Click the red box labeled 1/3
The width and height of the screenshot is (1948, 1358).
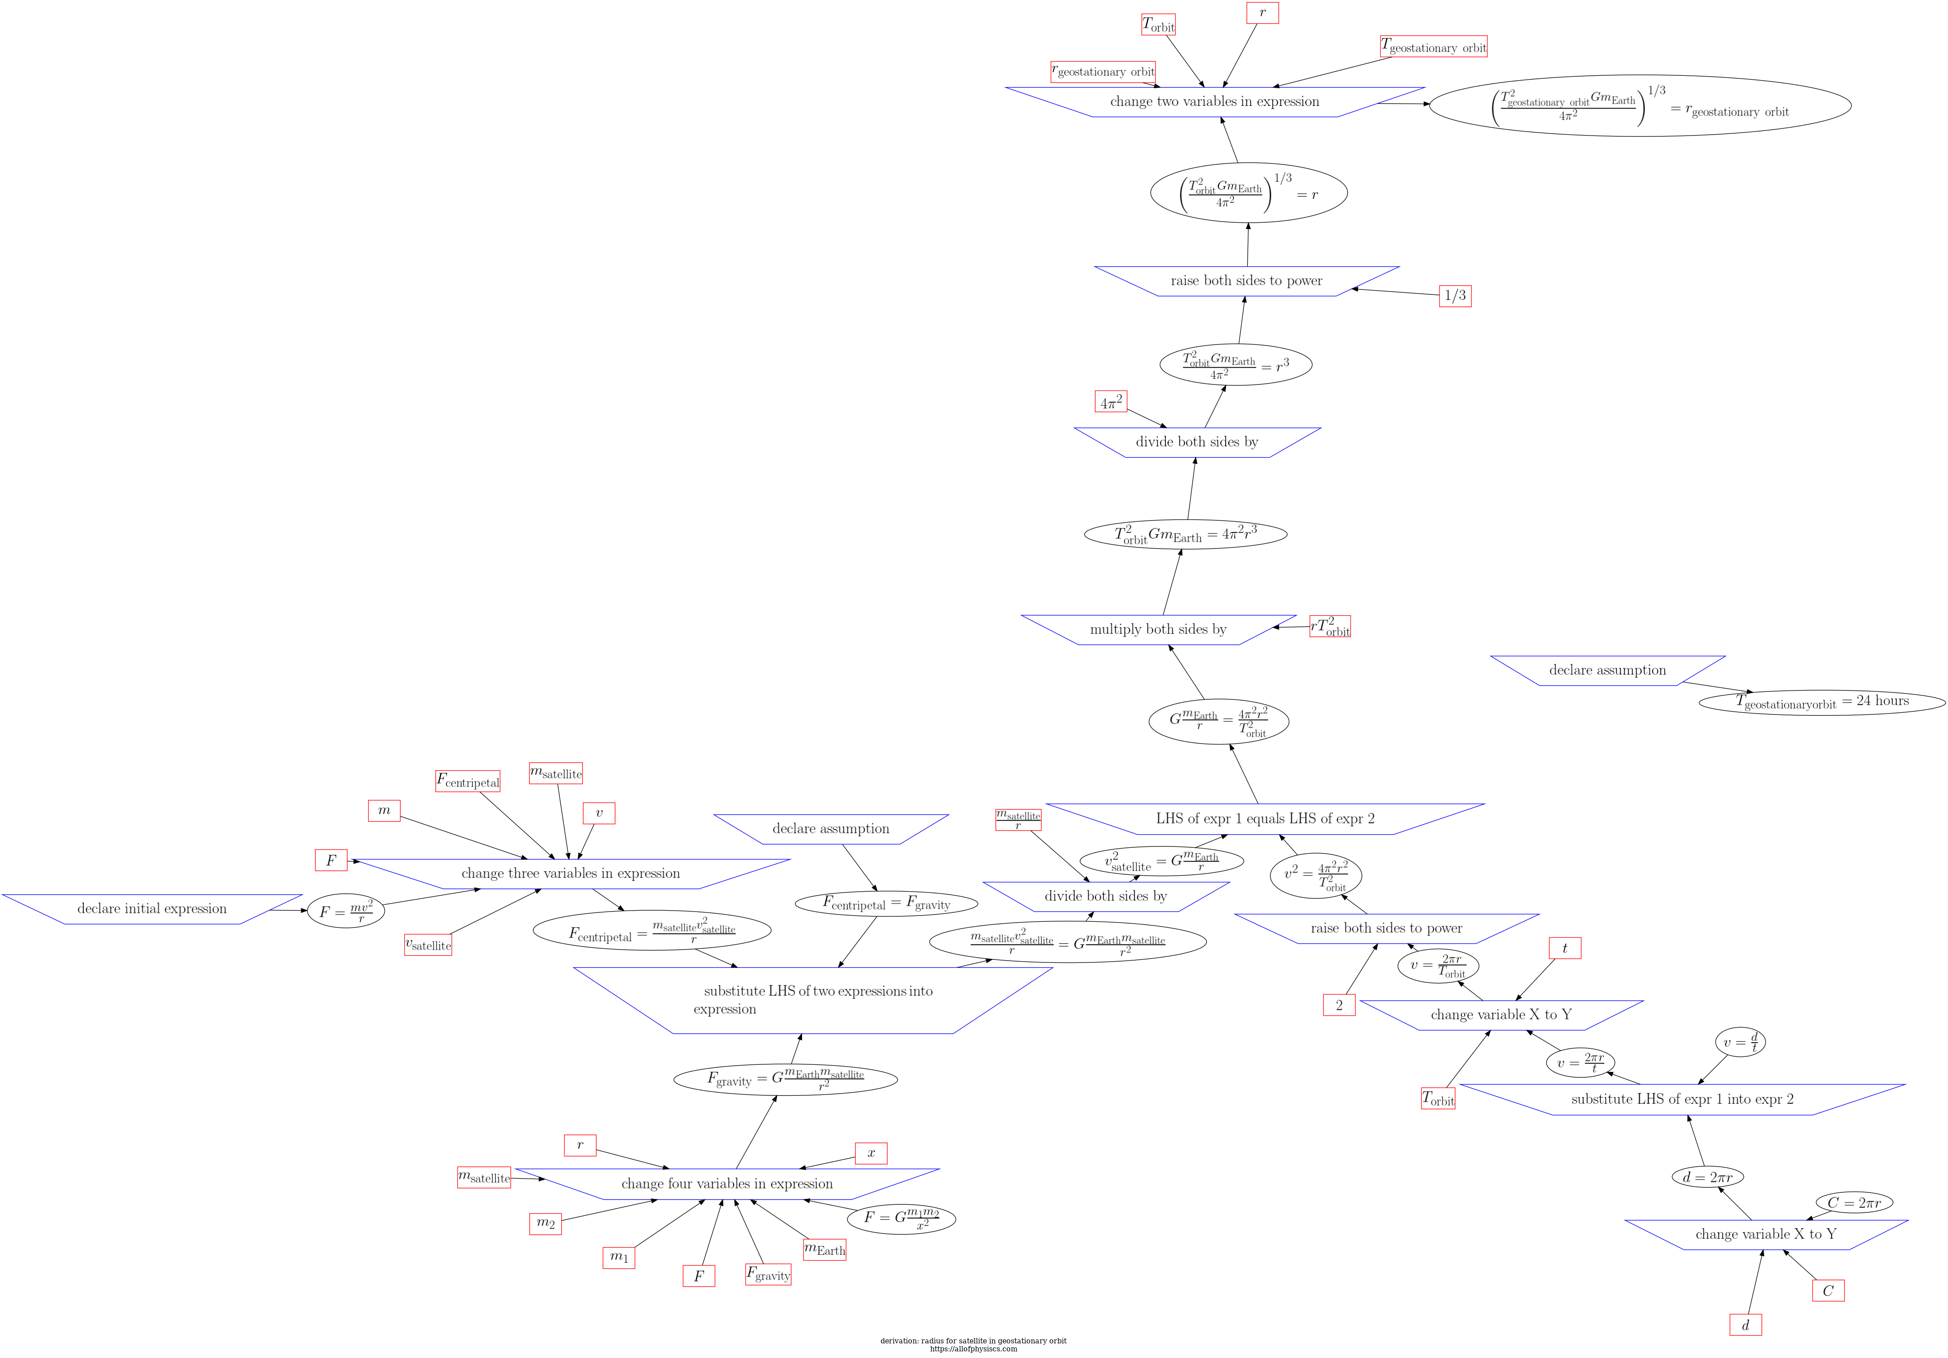pyautogui.click(x=1455, y=296)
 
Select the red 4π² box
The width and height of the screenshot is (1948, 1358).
pyautogui.click(x=1110, y=402)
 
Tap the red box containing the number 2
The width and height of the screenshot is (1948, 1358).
pyautogui.click(x=1339, y=1005)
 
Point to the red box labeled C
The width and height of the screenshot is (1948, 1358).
pyautogui.click(x=1828, y=1291)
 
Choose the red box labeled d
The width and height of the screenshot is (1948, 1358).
pyautogui.click(x=1745, y=1325)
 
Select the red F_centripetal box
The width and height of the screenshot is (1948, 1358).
pyautogui.click(x=467, y=781)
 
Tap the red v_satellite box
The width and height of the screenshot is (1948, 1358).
pyautogui.click(x=427, y=945)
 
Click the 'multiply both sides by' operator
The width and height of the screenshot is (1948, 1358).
pyautogui.click(x=1158, y=629)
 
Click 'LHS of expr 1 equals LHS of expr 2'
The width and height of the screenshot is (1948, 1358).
pyautogui.click(x=1265, y=819)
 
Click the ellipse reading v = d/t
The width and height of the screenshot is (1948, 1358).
pyautogui.click(x=1740, y=1043)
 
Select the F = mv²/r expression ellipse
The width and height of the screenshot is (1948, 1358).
pyautogui.click(x=345, y=912)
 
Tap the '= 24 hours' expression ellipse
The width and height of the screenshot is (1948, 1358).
pyautogui.click(x=1822, y=702)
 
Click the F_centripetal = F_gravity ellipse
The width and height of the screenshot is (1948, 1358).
pyautogui.click(x=886, y=904)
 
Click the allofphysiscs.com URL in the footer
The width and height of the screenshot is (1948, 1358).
pyautogui.click(x=973, y=1349)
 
